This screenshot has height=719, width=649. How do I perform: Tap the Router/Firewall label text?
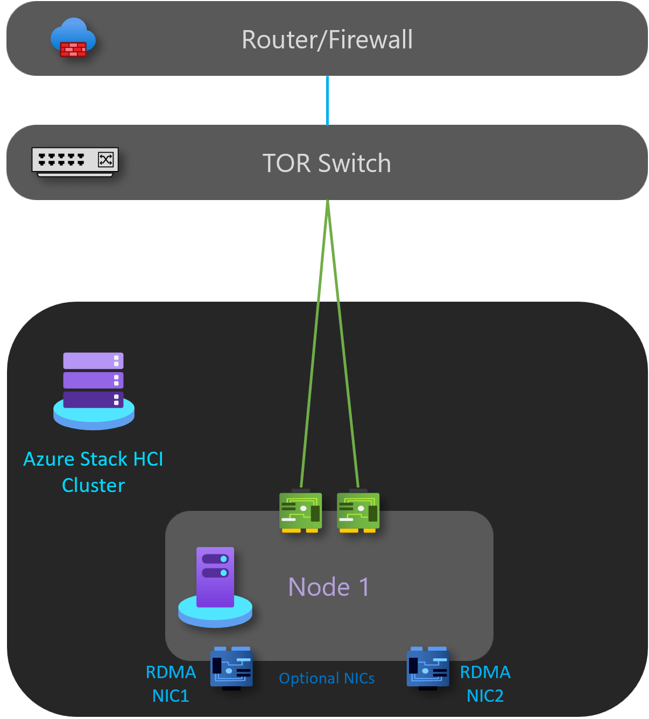(x=327, y=40)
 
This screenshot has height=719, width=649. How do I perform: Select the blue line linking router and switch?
(x=327, y=101)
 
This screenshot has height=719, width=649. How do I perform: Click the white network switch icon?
(x=75, y=161)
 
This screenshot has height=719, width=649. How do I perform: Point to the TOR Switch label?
(x=327, y=163)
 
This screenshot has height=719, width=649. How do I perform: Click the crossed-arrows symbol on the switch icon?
(x=105, y=159)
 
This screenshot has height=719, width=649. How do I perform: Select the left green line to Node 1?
(x=314, y=344)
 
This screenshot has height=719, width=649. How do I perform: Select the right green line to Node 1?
(x=343, y=344)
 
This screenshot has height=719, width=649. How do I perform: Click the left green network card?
(x=300, y=511)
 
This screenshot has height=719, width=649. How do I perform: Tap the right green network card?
(x=358, y=511)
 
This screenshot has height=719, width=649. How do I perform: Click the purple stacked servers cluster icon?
(x=94, y=390)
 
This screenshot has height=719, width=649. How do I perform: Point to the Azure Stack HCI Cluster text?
(x=94, y=472)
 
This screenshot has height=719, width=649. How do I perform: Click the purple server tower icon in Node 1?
(x=215, y=586)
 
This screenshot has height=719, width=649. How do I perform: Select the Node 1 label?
(x=328, y=587)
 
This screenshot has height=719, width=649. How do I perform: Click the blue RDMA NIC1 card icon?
(x=231, y=668)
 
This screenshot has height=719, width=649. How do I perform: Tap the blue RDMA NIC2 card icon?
(x=428, y=668)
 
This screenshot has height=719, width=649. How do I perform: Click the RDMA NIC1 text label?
(x=171, y=684)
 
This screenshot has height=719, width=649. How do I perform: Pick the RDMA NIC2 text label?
(x=485, y=684)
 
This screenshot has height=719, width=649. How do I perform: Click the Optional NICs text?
(x=327, y=679)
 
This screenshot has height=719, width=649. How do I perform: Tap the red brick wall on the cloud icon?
(x=73, y=49)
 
